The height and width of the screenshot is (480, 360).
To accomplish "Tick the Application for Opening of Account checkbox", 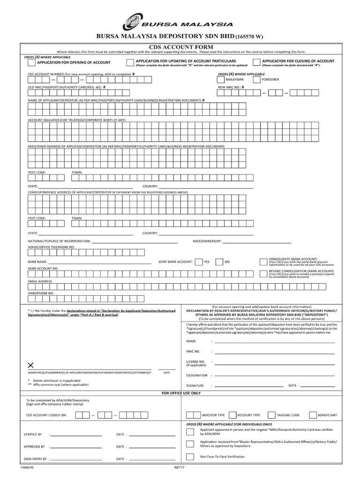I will [x=31, y=62].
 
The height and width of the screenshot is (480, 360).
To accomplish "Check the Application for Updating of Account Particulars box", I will [x=129, y=62].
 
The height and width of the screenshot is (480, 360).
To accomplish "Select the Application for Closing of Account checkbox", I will [x=256, y=62].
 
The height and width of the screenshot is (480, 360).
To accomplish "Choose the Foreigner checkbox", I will [x=256, y=80].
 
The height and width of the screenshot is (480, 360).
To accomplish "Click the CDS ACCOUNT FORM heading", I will [x=180, y=47].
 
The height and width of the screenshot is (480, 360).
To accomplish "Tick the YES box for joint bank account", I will [x=199, y=262].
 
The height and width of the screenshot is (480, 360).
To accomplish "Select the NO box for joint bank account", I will [x=219, y=262].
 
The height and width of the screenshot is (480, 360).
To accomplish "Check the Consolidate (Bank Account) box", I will [x=262, y=262].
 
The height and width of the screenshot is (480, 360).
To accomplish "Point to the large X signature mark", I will [x=31, y=365].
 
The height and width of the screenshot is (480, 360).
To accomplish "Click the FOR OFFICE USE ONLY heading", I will [x=180, y=393].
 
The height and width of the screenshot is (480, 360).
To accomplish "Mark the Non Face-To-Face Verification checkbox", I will [x=189, y=457].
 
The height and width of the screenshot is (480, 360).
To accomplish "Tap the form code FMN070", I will [x=27, y=467].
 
